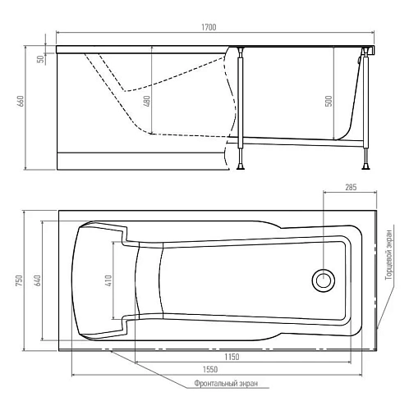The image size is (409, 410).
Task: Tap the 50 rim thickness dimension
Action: [39, 59]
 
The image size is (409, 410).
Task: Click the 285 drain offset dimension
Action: [350, 188]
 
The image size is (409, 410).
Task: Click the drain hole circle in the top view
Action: [323, 281]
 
